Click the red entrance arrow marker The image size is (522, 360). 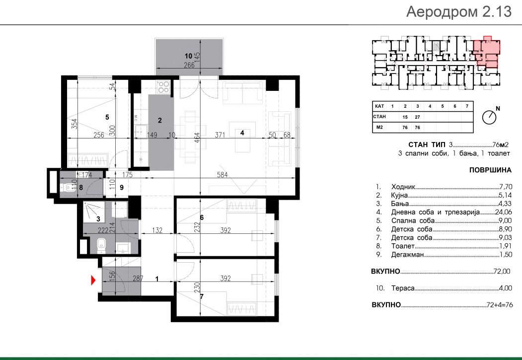pos(93,280)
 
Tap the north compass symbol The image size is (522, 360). pos(489,117)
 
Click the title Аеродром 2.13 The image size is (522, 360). pos(459,12)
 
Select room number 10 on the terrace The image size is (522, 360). pos(189,56)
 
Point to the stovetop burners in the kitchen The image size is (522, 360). pos(163,87)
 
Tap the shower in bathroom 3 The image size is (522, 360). pos(93,211)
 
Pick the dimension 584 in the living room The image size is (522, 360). pos(223,174)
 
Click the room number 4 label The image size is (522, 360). pos(242,133)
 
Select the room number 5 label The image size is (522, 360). pos(107,117)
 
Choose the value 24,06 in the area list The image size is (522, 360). pos(504,212)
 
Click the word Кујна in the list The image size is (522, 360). pos(399,195)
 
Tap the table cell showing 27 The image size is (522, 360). pos(418,117)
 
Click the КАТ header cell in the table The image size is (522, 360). pos(379,106)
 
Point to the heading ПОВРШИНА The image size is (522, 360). pos(490,170)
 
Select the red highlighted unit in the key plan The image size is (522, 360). pos(487,52)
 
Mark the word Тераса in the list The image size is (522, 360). pos(403,288)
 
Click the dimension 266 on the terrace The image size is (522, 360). pos(189,65)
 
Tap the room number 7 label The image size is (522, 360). pos(202,296)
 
